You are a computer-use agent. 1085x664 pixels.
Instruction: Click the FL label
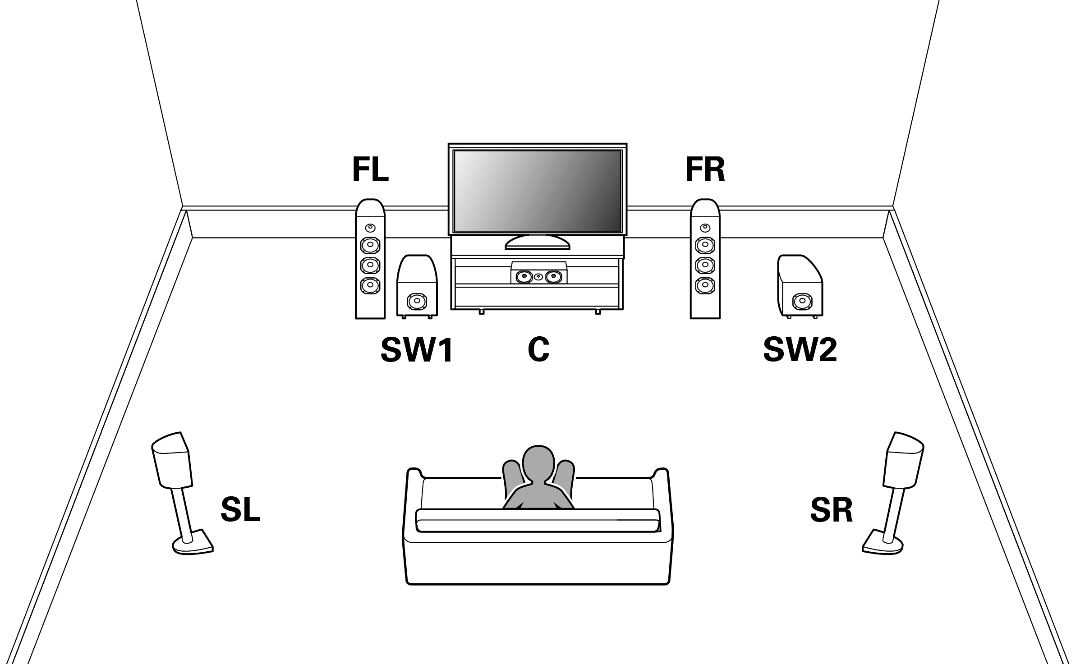pos(370,169)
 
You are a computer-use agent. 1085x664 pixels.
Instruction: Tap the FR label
pos(705,169)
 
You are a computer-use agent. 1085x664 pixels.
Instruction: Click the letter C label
pos(538,350)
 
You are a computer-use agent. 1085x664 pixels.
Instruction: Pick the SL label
pos(240,510)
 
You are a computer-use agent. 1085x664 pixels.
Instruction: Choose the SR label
pos(831,510)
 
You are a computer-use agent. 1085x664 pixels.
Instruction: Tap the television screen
pos(538,191)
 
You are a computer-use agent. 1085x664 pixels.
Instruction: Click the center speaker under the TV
pos(538,276)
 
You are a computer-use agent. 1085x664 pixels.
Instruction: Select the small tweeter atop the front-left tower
pos(370,228)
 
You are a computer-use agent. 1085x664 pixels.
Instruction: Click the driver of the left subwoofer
pos(416,301)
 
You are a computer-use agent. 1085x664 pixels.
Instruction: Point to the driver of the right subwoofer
pos(801,301)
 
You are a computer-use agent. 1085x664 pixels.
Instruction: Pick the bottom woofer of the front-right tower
pos(705,285)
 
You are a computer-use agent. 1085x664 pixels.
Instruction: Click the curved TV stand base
pos(537,243)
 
